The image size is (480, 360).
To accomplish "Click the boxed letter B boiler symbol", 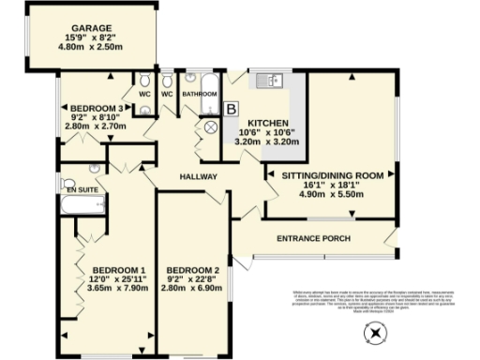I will [x=232, y=111].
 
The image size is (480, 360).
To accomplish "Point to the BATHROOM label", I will [x=200, y=94].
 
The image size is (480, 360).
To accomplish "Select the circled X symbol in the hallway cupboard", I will [x=209, y=127].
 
